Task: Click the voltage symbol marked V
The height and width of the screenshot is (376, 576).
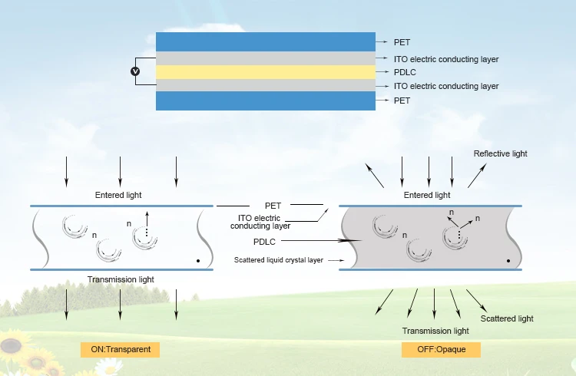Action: click(x=136, y=71)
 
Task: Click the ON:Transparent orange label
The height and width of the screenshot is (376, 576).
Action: click(x=121, y=349)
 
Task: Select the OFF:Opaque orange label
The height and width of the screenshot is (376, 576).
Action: click(x=441, y=349)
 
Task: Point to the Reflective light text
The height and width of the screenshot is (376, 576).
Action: click(x=500, y=153)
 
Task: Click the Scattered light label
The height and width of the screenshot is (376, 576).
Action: click(x=507, y=318)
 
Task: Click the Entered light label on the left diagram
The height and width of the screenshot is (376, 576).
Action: click(x=118, y=195)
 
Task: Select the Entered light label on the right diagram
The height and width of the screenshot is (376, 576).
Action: click(x=427, y=195)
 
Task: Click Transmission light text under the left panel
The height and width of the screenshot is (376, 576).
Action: click(x=121, y=279)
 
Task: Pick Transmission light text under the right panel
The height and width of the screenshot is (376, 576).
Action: click(x=435, y=331)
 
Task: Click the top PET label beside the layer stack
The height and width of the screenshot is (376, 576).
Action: click(x=402, y=42)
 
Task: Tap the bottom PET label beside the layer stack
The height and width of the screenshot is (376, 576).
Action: click(x=402, y=101)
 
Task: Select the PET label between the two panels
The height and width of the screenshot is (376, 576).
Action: click(x=273, y=206)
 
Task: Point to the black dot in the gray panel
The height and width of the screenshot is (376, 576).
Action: click(x=508, y=262)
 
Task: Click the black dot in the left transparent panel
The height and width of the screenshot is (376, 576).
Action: click(x=198, y=262)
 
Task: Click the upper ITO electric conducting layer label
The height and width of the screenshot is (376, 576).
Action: click(x=446, y=58)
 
